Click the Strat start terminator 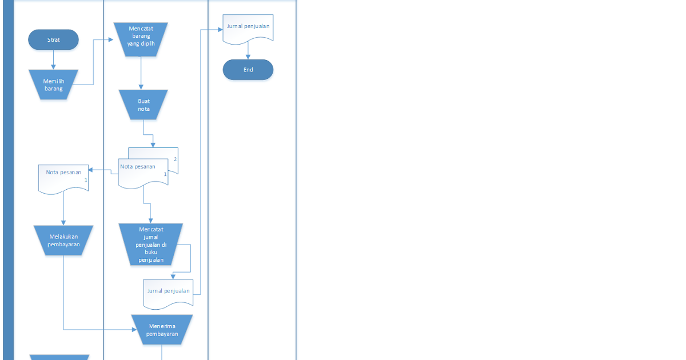pos(54,40)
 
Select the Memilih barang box pos(54,85)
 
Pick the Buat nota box pos(143,105)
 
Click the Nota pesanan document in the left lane pos(63,177)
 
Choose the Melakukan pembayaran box pos(63,240)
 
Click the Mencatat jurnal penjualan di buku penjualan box pos(151,245)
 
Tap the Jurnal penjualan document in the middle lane pos(168,293)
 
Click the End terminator pos(248,70)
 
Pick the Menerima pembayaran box pos(162,330)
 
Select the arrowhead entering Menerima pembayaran pos(134,330)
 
